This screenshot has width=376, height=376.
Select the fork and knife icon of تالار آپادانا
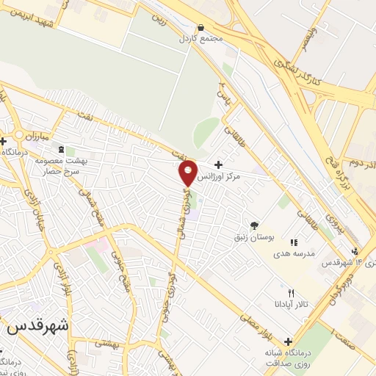click(x=292, y=293)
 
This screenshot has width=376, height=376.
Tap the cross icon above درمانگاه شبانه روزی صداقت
click(x=287, y=341)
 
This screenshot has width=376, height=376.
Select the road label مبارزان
click(x=33, y=137)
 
